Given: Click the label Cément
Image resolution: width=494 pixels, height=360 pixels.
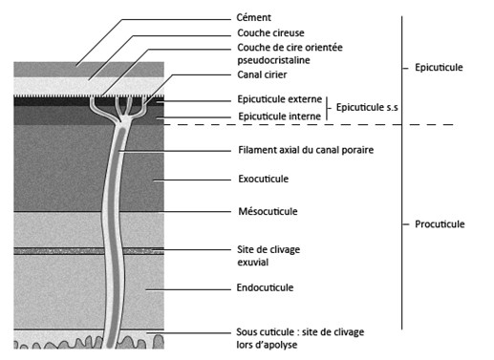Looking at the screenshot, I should tap(254, 17).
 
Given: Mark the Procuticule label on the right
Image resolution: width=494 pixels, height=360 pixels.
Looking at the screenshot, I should tap(440, 224).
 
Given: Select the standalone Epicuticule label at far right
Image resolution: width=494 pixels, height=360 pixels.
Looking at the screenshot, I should tap(440, 68).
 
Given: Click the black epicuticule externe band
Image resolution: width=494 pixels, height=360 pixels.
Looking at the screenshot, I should tap(57, 98).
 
